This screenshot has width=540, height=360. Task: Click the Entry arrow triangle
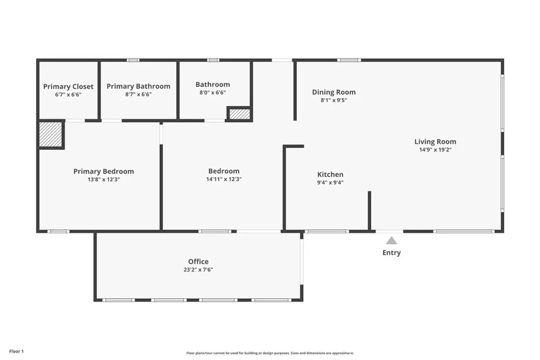pyautogui.click(x=391, y=240)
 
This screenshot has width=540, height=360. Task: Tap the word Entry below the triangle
pyautogui.click(x=392, y=252)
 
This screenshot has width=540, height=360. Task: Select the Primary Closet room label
pyautogui.click(x=68, y=86)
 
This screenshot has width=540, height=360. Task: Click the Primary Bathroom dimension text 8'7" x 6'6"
pyautogui.click(x=139, y=94)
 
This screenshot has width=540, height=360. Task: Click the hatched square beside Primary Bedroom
pyautogui.click(x=50, y=134)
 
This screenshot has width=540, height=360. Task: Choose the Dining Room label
pyautogui.click(x=334, y=92)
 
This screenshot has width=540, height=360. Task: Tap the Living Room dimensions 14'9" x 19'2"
pyautogui.click(x=435, y=150)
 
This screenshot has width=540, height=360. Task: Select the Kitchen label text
pyautogui.click(x=330, y=174)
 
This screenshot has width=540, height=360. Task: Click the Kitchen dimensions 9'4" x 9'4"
pyautogui.click(x=330, y=183)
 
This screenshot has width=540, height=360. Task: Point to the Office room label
pyautogui.click(x=198, y=261)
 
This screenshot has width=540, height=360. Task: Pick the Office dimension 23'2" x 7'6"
pyautogui.click(x=198, y=270)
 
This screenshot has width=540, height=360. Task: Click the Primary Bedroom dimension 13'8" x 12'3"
pyautogui.click(x=104, y=179)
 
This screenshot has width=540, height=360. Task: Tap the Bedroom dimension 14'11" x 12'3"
pyautogui.click(x=224, y=179)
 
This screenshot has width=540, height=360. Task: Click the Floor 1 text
pyautogui.click(x=16, y=352)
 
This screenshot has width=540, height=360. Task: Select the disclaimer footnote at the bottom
pyautogui.click(x=270, y=353)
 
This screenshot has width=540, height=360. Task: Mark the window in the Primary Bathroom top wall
pyautogui.click(x=133, y=60)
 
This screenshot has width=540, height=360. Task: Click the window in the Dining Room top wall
pyautogui.click(x=349, y=60)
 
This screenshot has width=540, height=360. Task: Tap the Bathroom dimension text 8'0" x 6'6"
pyautogui.click(x=213, y=93)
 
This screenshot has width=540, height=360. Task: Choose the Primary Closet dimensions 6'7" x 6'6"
pyautogui.click(x=68, y=95)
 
